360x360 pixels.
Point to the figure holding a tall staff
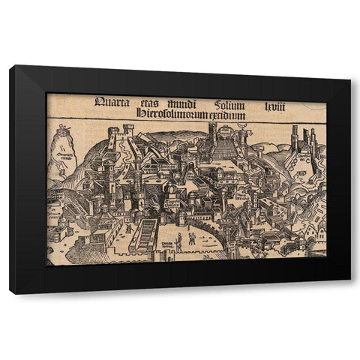(x=190, y=238)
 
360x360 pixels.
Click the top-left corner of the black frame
(x=11, y=67)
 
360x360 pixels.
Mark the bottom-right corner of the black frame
(x=350, y=292)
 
